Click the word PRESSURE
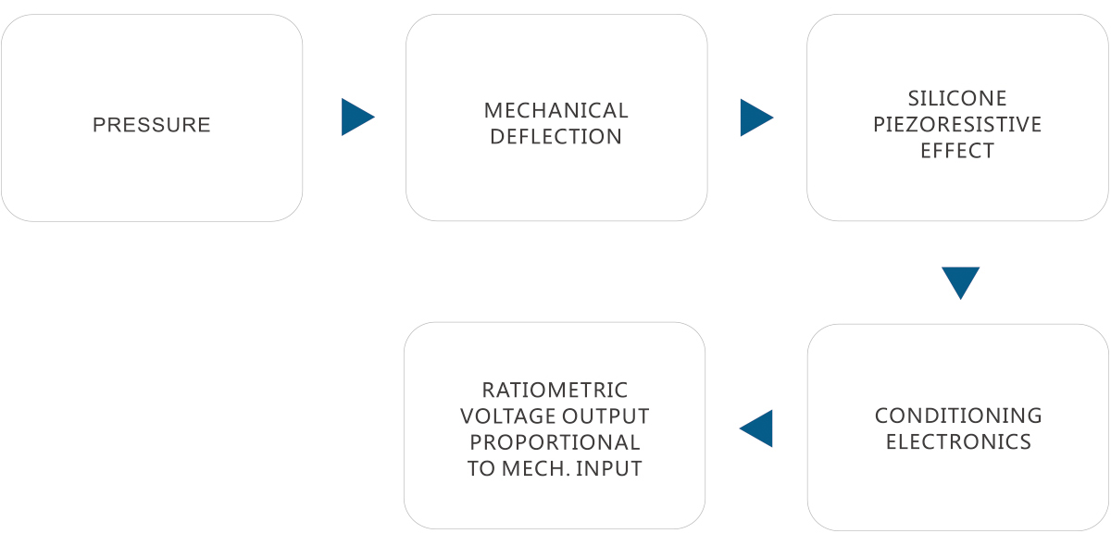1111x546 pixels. (152, 125)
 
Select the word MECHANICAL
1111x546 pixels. (555, 111)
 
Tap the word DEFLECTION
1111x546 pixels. (555, 137)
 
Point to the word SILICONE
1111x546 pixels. (957, 98)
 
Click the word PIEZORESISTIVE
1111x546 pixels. (957, 124)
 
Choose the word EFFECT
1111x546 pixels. (957, 151)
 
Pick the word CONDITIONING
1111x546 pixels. (958, 416)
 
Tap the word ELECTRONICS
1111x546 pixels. (958, 441)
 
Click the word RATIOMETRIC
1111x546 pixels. (555, 391)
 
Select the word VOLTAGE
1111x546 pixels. (505, 416)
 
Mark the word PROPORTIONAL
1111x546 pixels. (555, 442)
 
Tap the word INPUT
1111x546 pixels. (609, 469)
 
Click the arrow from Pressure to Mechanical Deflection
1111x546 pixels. (356, 118)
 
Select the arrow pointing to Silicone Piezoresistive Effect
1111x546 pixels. (755, 118)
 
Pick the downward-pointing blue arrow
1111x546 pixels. (960, 281)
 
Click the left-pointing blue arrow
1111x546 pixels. (757, 428)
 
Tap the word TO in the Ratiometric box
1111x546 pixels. (481, 469)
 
